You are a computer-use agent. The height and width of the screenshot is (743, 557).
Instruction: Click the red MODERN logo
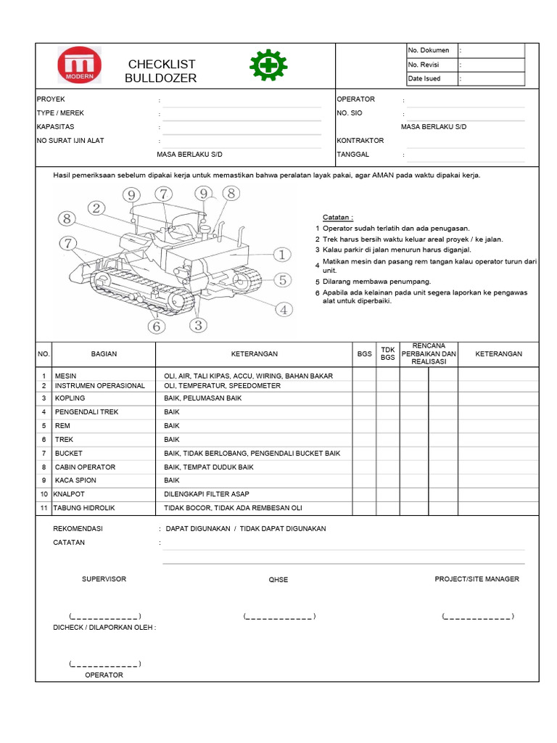80,65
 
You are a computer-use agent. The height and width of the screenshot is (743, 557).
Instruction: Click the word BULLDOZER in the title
160,78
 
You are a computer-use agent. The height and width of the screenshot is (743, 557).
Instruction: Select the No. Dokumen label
429,51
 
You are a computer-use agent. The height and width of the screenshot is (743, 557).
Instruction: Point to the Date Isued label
424,78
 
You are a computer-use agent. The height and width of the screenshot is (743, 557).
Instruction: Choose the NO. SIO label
350,113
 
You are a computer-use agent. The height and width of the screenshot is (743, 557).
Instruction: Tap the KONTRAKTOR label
360,141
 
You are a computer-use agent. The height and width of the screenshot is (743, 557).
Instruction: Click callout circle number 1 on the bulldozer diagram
281,254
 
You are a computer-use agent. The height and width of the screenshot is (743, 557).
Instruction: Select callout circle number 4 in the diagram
284,309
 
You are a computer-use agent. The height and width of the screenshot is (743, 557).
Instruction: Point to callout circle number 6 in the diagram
156,327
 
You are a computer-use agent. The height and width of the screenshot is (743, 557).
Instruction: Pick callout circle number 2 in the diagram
96,208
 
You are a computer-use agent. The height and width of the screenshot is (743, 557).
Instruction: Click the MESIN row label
65,376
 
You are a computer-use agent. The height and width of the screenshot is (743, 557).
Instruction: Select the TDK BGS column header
388,353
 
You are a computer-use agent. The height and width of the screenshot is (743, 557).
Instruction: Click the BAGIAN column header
104,354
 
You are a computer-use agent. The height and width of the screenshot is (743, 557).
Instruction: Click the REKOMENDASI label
78,529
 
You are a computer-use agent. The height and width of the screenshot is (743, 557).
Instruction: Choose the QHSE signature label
278,580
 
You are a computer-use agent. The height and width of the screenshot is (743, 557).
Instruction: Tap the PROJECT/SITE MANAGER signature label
476,579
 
